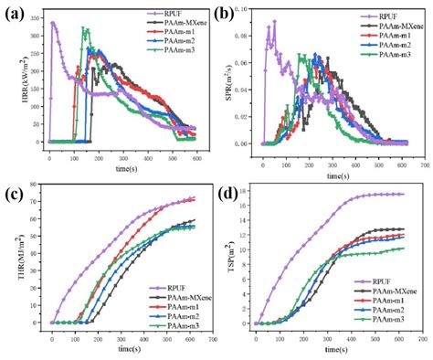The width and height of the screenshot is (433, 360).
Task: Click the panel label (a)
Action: (13, 12)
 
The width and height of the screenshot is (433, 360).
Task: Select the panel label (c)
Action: (13, 195)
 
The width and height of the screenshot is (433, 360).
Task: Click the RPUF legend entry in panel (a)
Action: (167, 14)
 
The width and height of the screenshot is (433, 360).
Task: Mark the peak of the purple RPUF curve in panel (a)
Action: (53, 23)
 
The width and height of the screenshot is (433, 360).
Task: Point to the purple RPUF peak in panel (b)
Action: (273, 22)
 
